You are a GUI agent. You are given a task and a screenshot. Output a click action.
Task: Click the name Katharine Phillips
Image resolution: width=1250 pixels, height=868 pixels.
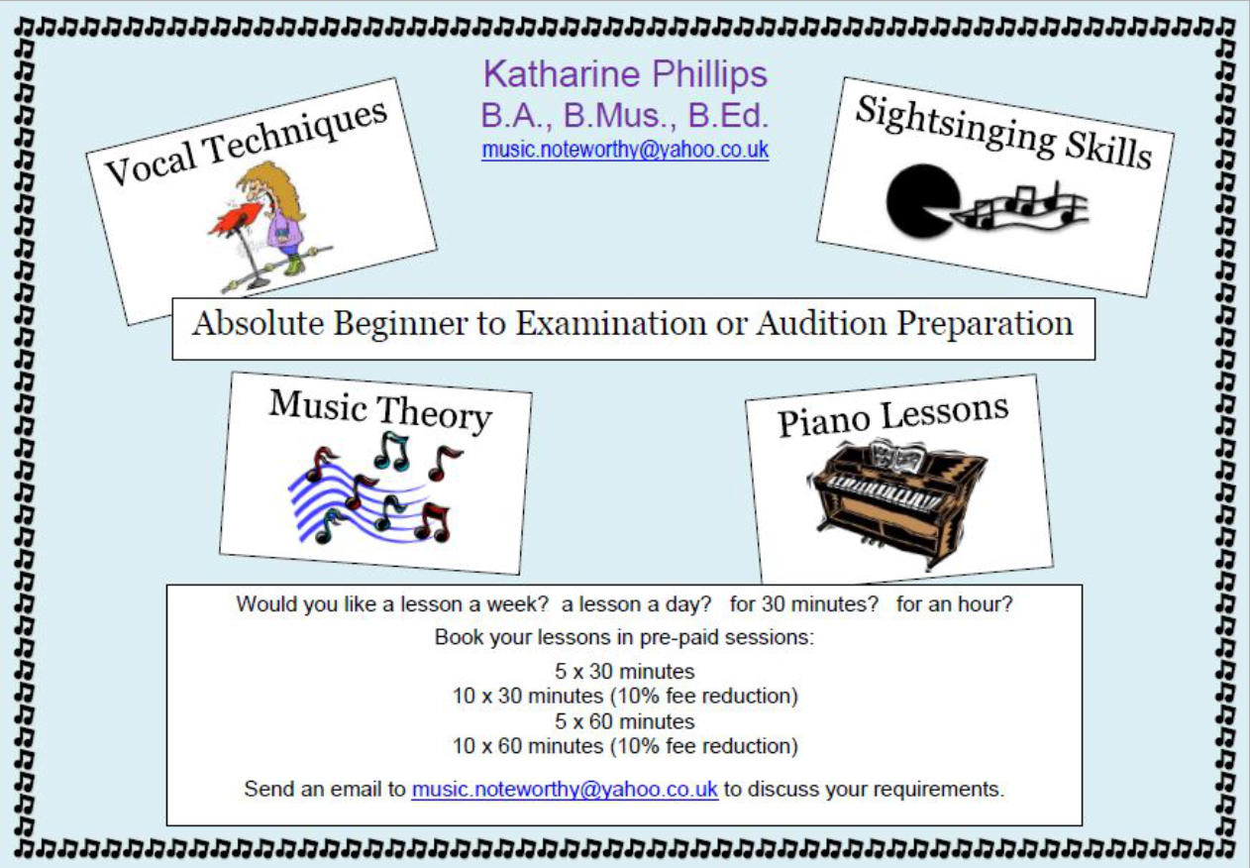(626, 74)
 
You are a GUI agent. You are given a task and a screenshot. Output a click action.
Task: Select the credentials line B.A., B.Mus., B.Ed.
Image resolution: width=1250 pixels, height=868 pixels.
(625, 116)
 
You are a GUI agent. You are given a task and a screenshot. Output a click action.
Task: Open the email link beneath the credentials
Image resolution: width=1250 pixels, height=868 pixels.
(625, 150)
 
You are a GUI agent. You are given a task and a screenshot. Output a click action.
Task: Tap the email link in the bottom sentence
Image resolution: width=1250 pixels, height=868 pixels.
(565, 790)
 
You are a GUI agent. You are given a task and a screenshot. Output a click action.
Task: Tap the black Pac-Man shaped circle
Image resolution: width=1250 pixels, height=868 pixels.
(921, 201)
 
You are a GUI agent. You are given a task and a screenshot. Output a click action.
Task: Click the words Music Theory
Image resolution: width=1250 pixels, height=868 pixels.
(380, 411)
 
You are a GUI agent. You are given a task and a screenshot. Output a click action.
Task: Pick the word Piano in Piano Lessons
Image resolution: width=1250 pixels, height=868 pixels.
(823, 422)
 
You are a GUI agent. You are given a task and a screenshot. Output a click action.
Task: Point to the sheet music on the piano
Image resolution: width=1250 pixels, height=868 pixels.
(897, 456)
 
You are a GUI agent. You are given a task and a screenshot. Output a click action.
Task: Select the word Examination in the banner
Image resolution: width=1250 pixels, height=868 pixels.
(610, 323)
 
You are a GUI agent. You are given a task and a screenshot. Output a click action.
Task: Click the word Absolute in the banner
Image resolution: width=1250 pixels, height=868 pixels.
(258, 323)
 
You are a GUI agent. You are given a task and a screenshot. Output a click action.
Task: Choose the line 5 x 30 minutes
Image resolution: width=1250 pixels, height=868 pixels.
(625, 671)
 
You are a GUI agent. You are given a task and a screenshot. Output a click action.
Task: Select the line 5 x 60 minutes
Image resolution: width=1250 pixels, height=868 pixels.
(625, 721)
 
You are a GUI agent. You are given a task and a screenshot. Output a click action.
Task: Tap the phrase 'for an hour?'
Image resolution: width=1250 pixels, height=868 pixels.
(954, 604)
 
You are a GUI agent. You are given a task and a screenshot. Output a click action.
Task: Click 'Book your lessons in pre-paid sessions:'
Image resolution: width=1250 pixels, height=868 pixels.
(625, 637)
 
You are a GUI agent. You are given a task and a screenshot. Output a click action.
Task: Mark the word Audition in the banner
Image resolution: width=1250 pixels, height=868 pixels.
(821, 323)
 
